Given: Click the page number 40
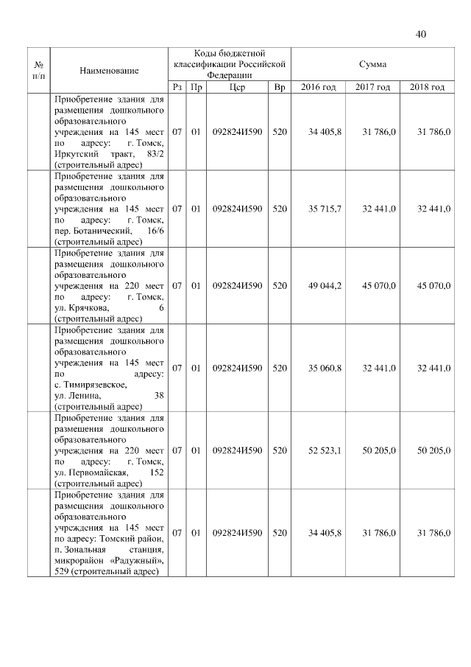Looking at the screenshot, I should point(421,34).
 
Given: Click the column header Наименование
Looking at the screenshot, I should point(109,70).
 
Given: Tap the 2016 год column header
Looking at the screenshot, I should point(318,88).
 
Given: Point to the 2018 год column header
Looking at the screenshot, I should point(427,88).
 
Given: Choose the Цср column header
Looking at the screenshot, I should point(236,88).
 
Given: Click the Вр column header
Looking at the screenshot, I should point(279,88).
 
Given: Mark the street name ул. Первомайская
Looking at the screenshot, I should point(92,472).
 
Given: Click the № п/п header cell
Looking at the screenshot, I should point(39,70).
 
